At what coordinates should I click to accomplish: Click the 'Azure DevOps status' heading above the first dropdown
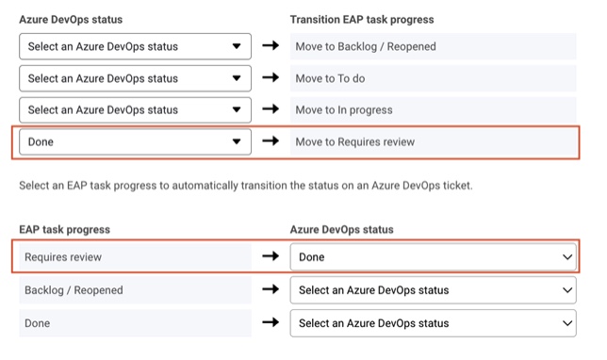click(x=71, y=20)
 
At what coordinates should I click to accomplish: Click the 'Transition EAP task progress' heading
click(x=362, y=20)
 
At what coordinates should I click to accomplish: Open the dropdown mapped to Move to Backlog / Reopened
click(x=135, y=46)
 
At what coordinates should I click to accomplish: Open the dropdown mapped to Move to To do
click(x=135, y=78)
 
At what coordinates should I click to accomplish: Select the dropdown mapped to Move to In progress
click(x=135, y=110)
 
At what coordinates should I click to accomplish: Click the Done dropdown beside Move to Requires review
click(x=135, y=141)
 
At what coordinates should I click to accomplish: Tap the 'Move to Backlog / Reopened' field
click(x=434, y=46)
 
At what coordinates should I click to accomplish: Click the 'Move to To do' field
click(x=434, y=78)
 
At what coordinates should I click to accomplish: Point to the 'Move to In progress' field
click(x=434, y=110)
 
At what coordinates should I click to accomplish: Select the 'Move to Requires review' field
click(x=434, y=141)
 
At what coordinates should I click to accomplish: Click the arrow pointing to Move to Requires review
click(x=271, y=141)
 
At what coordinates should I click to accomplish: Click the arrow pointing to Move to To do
click(x=271, y=77)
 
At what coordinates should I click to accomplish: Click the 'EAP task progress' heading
click(x=65, y=230)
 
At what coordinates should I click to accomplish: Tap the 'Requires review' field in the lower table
click(x=135, y=257)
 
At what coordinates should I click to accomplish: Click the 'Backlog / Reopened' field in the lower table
click(x=135, y=290)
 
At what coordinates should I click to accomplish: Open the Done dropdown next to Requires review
click(x=434, y=257)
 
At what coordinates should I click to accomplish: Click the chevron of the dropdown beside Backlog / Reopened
click(x=567, y=290)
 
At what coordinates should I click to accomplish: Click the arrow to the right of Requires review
click(x=271, y=256)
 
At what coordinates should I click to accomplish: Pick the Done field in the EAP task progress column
click(x=135, y=323)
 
